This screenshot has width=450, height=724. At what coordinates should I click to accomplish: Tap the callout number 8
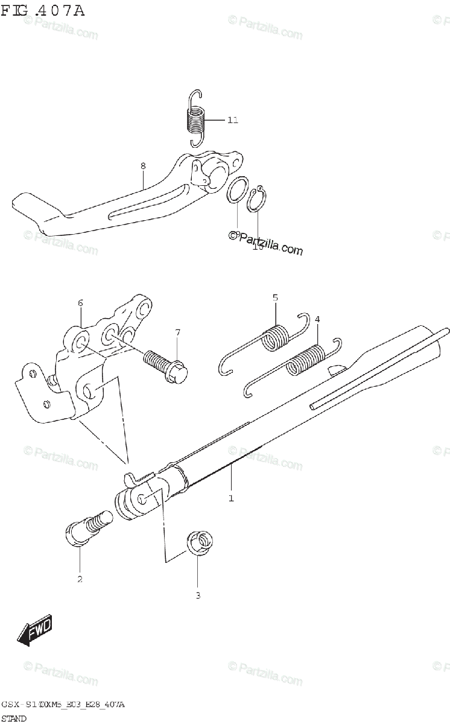pos(143,166)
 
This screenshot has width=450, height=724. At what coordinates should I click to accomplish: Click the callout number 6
pos(80,303)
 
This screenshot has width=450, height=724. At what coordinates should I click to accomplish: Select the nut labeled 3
pos(200,544)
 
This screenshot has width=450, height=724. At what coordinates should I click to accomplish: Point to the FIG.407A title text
pos(43,11)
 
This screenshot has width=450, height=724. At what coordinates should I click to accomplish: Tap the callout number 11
pos(232,120)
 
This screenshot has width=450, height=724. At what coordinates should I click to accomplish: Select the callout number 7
pos(178,332)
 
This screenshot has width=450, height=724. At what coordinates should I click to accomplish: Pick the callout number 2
pos(80,580)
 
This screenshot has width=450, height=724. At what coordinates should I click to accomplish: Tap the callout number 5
pos(275,297)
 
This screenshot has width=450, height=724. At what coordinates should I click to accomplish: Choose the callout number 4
pos(317,319)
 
